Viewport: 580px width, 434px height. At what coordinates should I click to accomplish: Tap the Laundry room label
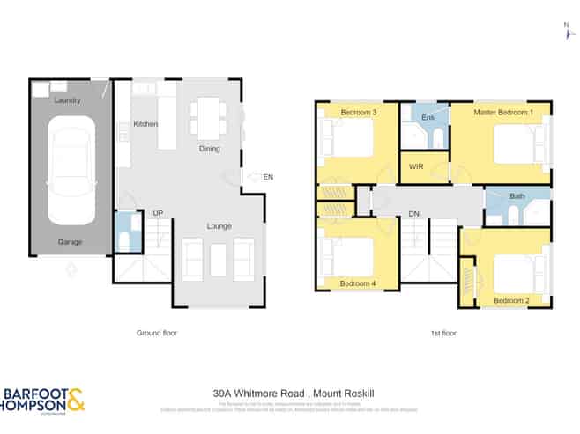click(x=68, y=100)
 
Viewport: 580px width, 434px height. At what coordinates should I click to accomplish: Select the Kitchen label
click(x=145, y=124)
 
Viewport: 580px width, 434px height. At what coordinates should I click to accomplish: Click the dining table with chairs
click(x=208, y=117)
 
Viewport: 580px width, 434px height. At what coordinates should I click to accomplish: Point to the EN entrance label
click(x=268, y=178)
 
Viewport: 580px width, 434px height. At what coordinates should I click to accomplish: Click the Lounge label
click(x=219, y=226)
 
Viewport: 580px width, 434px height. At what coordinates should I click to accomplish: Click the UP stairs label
click(x=158, y=213)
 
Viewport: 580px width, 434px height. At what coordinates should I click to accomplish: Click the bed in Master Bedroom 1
click(x=516, y=144)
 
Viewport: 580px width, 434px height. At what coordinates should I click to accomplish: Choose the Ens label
click(x=428, y=117)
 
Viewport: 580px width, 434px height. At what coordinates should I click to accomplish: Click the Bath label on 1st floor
click(x=517, y=195)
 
